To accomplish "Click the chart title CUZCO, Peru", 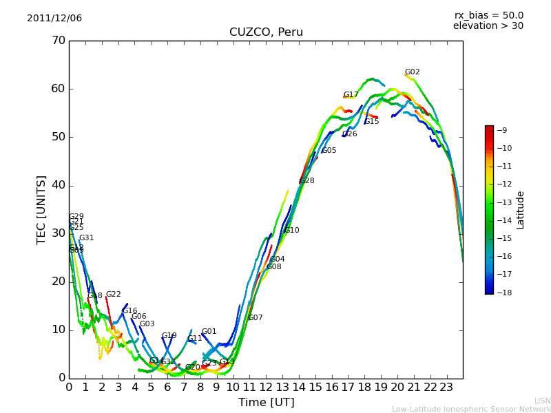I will coord(266,32).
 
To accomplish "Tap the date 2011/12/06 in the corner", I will coord(54,19).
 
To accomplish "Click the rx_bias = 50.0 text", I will coord(488,16).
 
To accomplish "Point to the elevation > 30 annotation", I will coord(488,26).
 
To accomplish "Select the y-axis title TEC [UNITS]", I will coord(41,209).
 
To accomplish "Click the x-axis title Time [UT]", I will coord(266,402).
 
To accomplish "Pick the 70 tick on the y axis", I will coord(58,41).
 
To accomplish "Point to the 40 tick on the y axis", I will coord(58,185).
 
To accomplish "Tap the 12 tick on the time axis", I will coord(266,388).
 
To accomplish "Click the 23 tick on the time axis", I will coord(446,388).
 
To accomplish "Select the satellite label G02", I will coord(412,72).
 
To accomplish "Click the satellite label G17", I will coord(351,95).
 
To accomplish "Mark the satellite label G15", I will coord(372,122).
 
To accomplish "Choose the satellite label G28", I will coord(306,181).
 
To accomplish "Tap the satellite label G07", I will coord(256,318).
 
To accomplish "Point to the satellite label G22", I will coord(113,295).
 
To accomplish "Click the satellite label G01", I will coord(209,332).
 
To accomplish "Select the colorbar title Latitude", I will coord(521,210).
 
